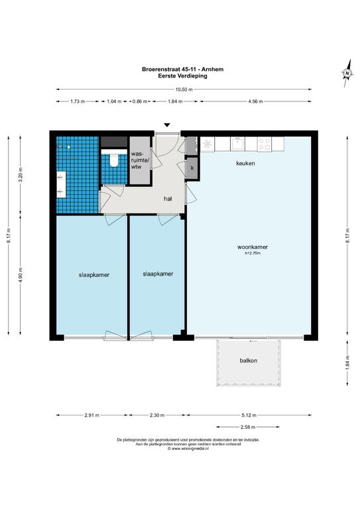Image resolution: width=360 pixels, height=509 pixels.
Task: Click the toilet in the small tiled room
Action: pos(114,160)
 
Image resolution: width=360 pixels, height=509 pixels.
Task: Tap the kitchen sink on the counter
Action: pos(237,144)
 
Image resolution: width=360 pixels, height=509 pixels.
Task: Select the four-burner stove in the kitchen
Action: pos(265,144)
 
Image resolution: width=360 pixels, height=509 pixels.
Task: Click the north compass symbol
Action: pos(347,73)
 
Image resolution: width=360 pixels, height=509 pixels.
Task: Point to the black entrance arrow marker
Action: pos(167,125)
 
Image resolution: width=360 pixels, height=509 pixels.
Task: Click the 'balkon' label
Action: pos(249,361)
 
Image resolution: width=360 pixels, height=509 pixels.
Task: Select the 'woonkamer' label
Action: pos(253,247)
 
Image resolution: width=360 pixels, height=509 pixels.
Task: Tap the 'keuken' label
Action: pos(245,163)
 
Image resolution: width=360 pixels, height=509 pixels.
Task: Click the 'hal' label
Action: pos(168,199)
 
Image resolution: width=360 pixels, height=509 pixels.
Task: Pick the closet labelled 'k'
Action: pos(192,168)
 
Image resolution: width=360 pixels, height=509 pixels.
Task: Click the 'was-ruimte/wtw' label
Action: pos(140,160)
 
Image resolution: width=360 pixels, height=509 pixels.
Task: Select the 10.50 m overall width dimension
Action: pos(184,89)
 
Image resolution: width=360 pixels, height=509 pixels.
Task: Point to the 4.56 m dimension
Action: pos(255,101)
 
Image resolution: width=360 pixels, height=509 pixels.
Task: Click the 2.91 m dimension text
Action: pos(92,415)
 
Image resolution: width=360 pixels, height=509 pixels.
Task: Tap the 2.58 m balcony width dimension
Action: pos(248,427)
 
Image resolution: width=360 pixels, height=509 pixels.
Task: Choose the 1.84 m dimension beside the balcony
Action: pos(347,364)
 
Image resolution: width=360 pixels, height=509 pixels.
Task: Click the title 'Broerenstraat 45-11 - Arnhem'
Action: pos(182,69)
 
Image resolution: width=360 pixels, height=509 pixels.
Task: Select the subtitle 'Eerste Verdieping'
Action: pos(182,76)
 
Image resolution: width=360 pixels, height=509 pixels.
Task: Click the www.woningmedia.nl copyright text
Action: pos(188,448)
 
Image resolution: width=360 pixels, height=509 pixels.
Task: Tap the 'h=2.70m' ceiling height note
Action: pos(253,253)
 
